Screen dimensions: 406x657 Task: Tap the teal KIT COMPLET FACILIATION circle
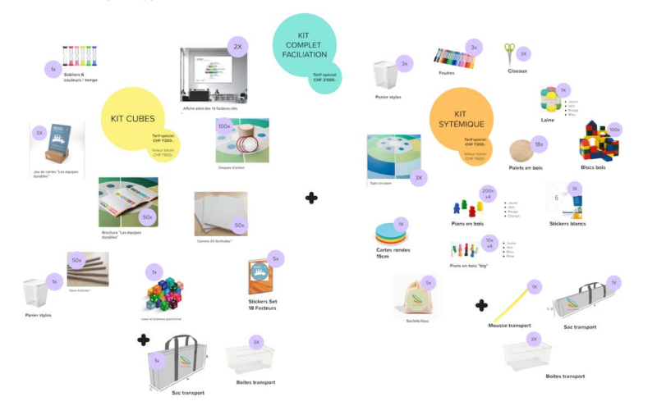304,45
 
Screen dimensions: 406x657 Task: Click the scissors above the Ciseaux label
510,53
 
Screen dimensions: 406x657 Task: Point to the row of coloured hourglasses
80,57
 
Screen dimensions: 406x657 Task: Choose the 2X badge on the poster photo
237,47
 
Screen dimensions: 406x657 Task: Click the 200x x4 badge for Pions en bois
489,193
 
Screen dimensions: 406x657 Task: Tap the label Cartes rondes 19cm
391,253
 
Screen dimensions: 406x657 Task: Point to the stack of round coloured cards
390,233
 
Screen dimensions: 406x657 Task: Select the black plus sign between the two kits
311,198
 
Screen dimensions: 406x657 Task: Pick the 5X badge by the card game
39,132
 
